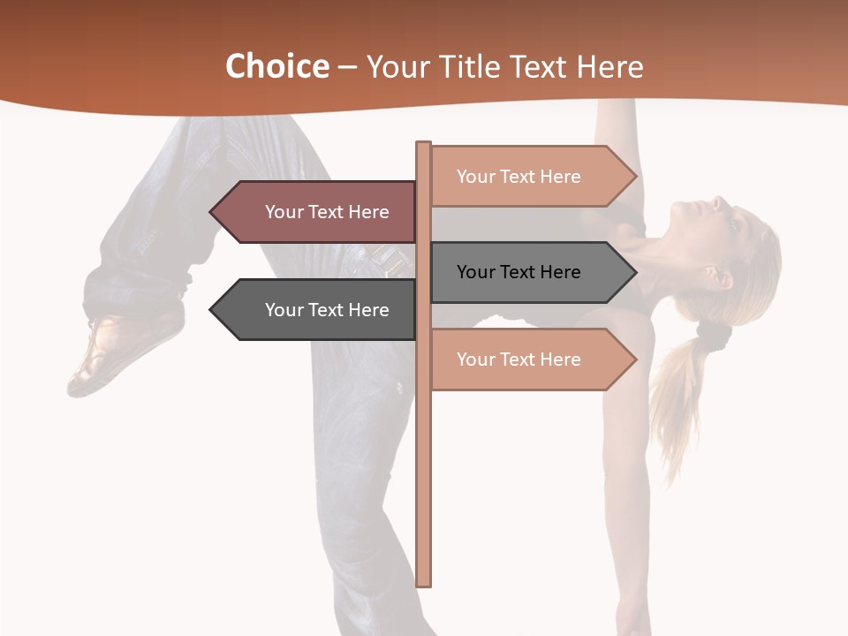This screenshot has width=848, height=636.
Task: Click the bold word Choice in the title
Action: (x=276, y=66)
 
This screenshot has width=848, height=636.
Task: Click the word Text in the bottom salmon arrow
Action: (x=519, y=360)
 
